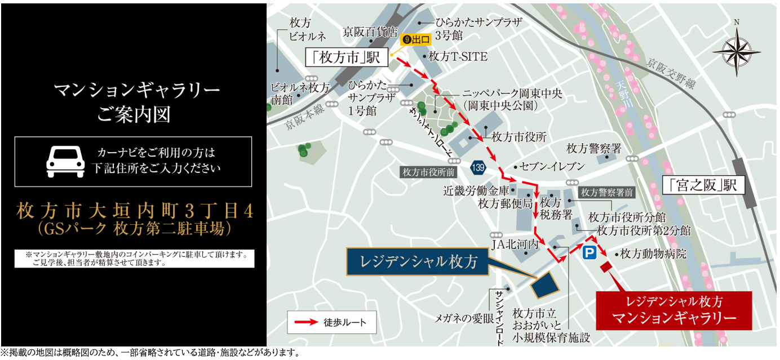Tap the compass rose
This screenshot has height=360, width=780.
coord(736,48)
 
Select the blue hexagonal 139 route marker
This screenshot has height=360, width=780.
coord(478,167)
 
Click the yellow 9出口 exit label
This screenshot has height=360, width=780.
coord(416,40)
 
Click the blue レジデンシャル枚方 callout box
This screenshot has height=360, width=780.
coord(417,262)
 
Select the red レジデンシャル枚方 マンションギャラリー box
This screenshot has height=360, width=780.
coord(674,310)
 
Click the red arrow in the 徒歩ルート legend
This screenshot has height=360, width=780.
coord(304,323)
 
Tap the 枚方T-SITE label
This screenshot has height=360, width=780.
coord(458,57)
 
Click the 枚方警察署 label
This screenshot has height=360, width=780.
coord(594,149)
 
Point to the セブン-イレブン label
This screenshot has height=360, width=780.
coord(552,167)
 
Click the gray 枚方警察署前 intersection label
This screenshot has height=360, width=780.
coord(607,192)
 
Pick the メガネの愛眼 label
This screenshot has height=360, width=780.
coord(464,318)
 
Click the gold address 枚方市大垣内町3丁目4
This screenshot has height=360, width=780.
coord(134,211)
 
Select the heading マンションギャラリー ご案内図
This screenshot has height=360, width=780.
coord(134,102)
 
